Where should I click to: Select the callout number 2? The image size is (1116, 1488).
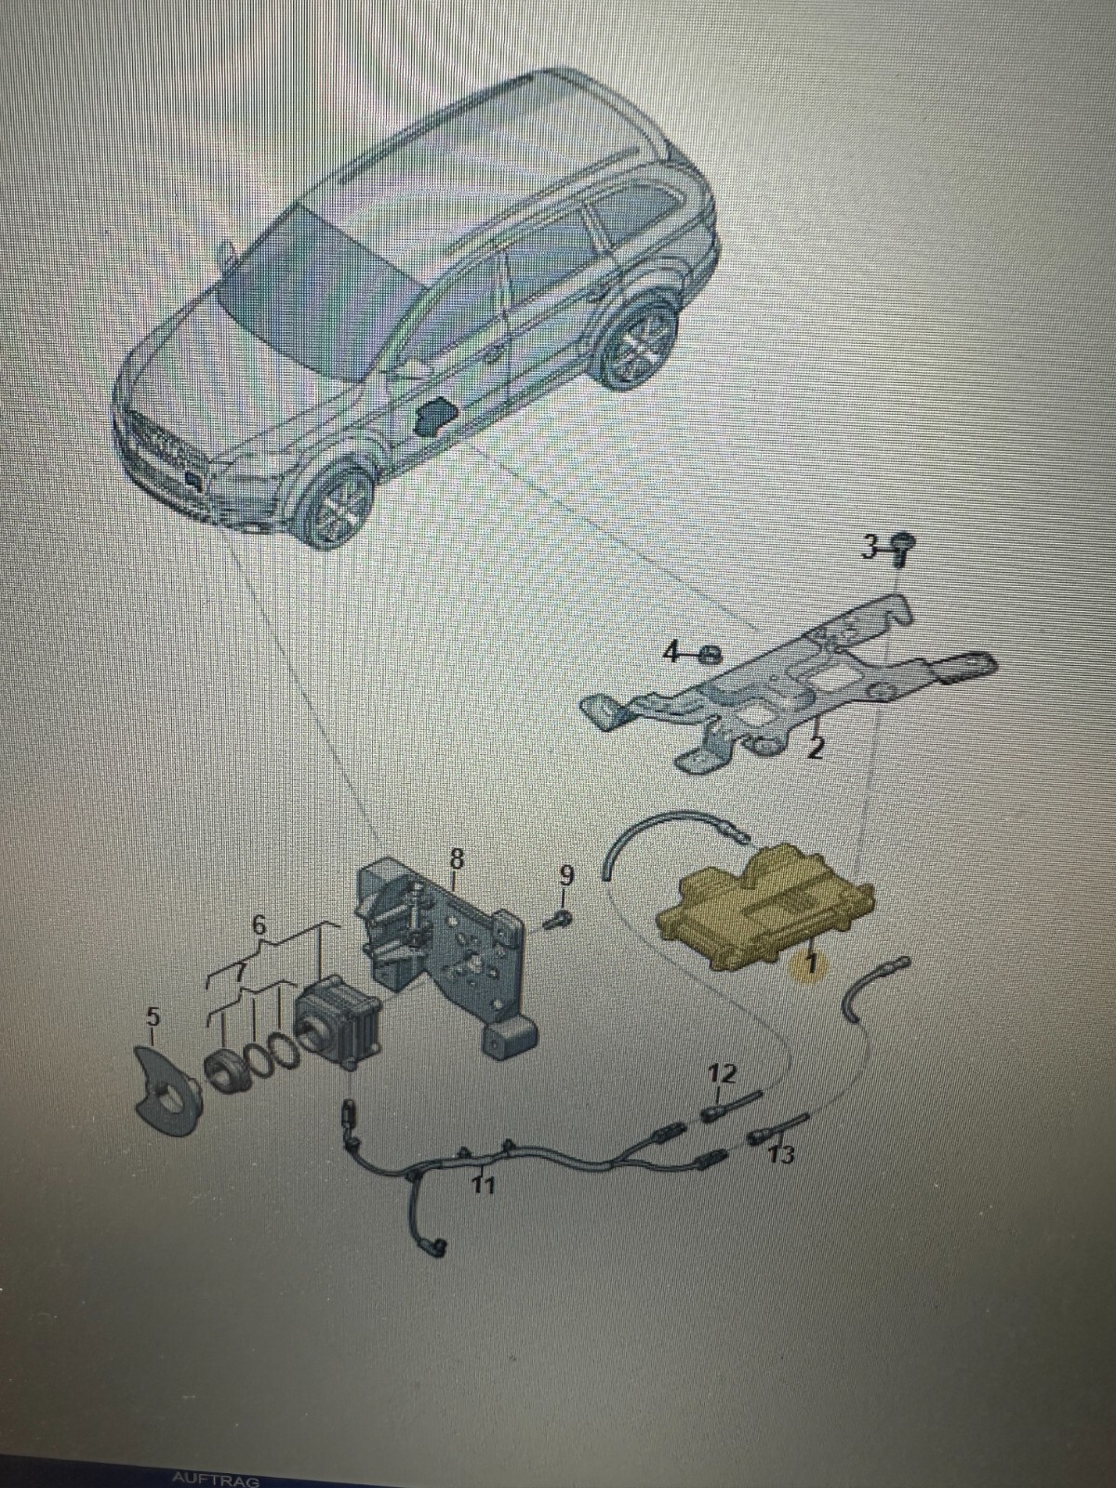[816, 749]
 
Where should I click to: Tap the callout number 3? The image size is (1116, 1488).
[870, 546]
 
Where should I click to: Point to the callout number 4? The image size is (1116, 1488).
[671, 653]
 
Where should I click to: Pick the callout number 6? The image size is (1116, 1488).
[259, 925]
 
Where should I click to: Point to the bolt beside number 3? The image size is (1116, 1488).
[898, 548]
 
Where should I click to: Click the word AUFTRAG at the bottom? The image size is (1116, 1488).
[216, 1481]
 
